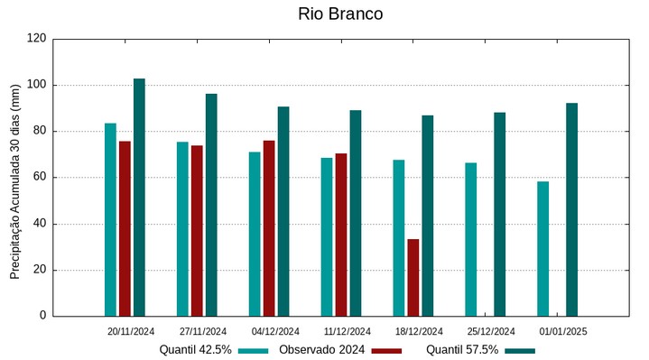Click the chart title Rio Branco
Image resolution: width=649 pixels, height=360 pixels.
pyautogui.click(x=339, y=14)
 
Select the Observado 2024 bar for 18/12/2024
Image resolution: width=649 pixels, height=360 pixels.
pyautogui.click(x=413, y=277)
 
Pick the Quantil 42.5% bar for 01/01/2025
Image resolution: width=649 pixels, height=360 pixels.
pyautogui.click(x=542, y=248)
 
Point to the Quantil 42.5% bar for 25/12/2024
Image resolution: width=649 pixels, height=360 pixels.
pyautogui.click(x=470, y=239)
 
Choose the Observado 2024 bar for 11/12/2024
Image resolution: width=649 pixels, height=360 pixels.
pyautogui.click(x=341, y=235)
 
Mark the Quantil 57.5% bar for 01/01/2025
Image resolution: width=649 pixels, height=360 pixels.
pyautogui.click(x=571, y=209)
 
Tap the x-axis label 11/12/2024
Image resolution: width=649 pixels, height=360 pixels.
pyautogui.click(x=348, y=331)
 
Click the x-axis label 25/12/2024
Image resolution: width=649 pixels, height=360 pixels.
pyautogui.click(x=492, y=331)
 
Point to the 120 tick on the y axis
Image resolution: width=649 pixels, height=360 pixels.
pyautogui.click(x=37, y=39)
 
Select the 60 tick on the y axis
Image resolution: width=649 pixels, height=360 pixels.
pyautogui.click(x=40, y=178)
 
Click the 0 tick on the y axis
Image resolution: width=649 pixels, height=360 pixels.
pyautogui.click(x=43, y=316)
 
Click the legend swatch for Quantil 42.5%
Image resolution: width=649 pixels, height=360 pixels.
pyautogui.click(x=254, y=350)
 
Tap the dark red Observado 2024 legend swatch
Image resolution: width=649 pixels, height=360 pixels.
pyautogui.click(x=386, y=350)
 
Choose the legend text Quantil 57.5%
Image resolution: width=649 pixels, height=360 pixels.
pyautogui.click(x=462, y=349)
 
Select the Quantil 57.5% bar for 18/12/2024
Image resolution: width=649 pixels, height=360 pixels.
pyautogui.click(x=427, y=216)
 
